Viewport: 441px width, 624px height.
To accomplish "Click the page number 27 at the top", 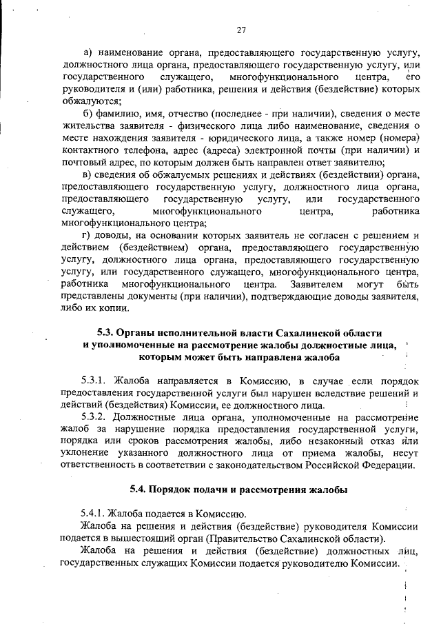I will point(241,29).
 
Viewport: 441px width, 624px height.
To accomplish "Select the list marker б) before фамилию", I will point(87,112).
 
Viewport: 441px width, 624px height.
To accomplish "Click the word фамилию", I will point(117,112).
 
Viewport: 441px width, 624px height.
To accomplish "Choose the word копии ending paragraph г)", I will point(113,309).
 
